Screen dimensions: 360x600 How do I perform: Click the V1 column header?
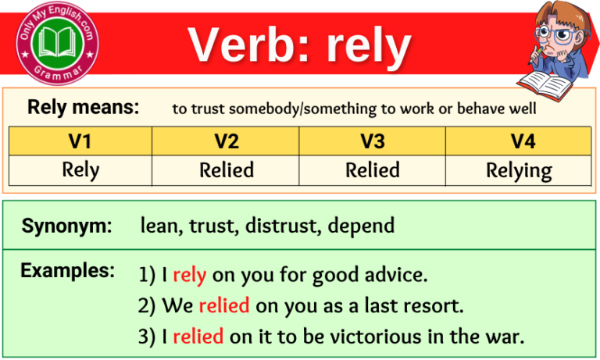coord(80,141)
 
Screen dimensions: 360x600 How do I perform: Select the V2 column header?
coord(226,141)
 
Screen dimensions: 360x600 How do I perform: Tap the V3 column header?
coord(372,141)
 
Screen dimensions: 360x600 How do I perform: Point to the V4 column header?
coord(518,141)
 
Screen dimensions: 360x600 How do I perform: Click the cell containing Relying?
coord(518,170)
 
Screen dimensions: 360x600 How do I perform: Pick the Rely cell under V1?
coord(80,170)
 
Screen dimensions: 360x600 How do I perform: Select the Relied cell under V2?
coord(226,170)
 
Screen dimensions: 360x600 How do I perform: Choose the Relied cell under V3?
coord(372,170)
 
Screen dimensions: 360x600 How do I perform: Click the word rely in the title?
coord(368,45)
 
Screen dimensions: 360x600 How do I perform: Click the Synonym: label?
coord(66,226)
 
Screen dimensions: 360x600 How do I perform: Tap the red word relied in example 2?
coord(223,305)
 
